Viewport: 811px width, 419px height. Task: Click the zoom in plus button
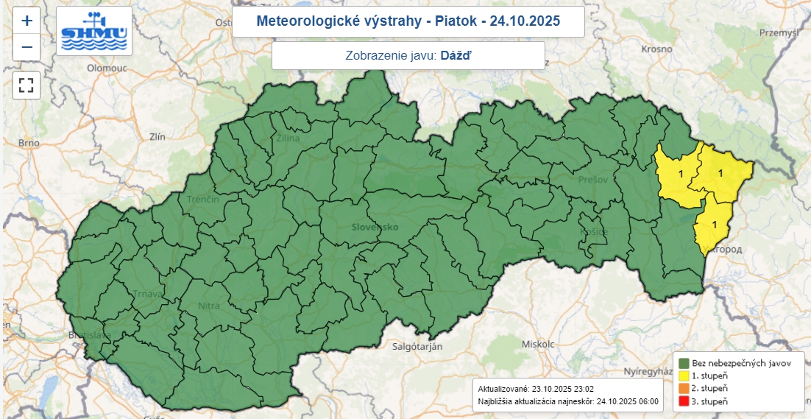pyautogui.click(x=26, y=21)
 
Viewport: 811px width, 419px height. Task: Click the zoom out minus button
pyautogui.click(x=26, y=48)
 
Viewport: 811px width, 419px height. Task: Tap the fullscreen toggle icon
pyautogui.click(x=26, y=85)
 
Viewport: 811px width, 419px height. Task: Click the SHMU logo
pyautogui.click(x=94, y=31)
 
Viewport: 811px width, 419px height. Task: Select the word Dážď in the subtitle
pyautogui.click(x=456, y=55)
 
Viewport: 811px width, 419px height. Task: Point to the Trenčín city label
pyautogui.click(x=203, y=200)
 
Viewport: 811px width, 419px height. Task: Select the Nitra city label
pyautogui.click(x=209, y=306)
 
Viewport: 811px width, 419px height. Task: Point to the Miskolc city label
pyautogui.click(x=536, y=344)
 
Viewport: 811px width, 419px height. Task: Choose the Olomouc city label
pyautogui.click(x=107, y=67)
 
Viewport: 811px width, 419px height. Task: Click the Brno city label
pyautogui.click(x=29, y=142)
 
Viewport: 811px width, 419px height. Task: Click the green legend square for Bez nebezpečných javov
pyautogui.click(x=684, y=363)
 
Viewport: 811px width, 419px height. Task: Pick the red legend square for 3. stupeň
pyautogui.click(x=684, y=401)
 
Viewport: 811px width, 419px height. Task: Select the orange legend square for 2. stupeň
pyautogui.click(x=684, y=389)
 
